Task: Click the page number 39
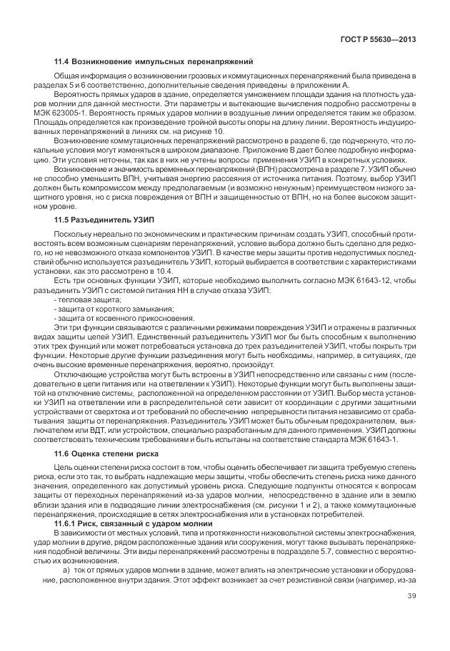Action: tap(412, 606)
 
